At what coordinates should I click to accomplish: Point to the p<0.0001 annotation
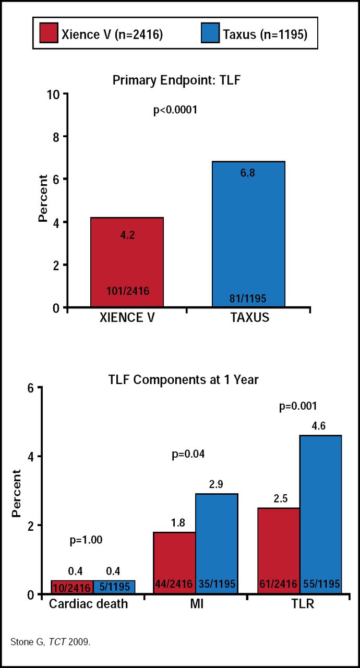pyautogui.click(x=175, y=111)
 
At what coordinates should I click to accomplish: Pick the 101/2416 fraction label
pyautogui.click(x=127, y=291)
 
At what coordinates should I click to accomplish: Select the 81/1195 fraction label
pyautogui.click(x=248, y=299)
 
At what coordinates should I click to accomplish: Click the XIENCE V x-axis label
pyautogui.click(x=127, y=317)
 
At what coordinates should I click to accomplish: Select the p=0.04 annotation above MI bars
pyautogui.click(x=188, y=454)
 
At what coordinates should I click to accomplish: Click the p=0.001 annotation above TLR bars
pyautogui.click(x=298, y=405)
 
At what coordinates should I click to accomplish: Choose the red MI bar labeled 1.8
pyautogui.click(x=174, y=553)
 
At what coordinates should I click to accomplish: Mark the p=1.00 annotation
pyautogui.click(x=86, y=541)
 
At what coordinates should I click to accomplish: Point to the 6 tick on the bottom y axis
pyautogui.click(x=31, y=388)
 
